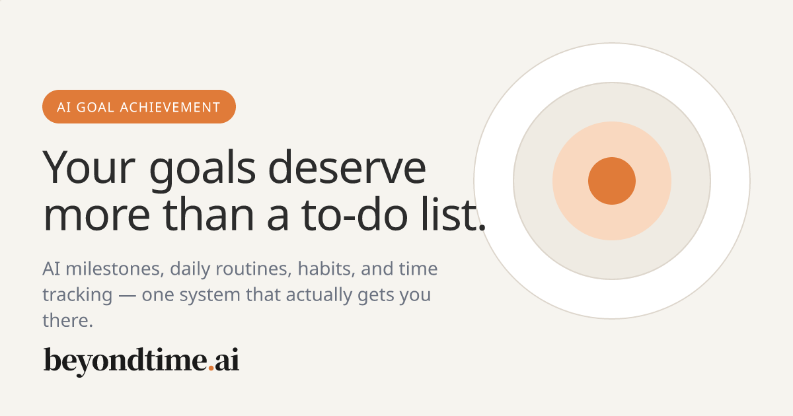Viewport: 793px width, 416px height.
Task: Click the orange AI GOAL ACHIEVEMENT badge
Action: pos(139,106)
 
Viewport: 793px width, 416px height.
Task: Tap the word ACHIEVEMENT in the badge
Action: pos(170,107)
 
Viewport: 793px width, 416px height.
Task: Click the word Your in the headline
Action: pos(89,168)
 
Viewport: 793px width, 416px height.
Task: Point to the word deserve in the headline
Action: pos(347,167)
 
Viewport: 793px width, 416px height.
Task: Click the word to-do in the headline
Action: pos(354,215)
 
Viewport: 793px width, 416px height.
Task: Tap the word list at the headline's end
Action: pos(453,214)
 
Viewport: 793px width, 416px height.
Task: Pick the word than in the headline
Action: pos(208,214)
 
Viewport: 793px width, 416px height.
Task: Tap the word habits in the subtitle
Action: pos(326,269)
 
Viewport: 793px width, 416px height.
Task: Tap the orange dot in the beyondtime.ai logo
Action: pos(211,368)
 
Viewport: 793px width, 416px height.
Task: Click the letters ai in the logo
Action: pos(227,360)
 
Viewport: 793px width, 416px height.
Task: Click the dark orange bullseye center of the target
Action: pos(612,181)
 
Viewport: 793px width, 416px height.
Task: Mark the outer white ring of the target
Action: pos(612,63)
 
